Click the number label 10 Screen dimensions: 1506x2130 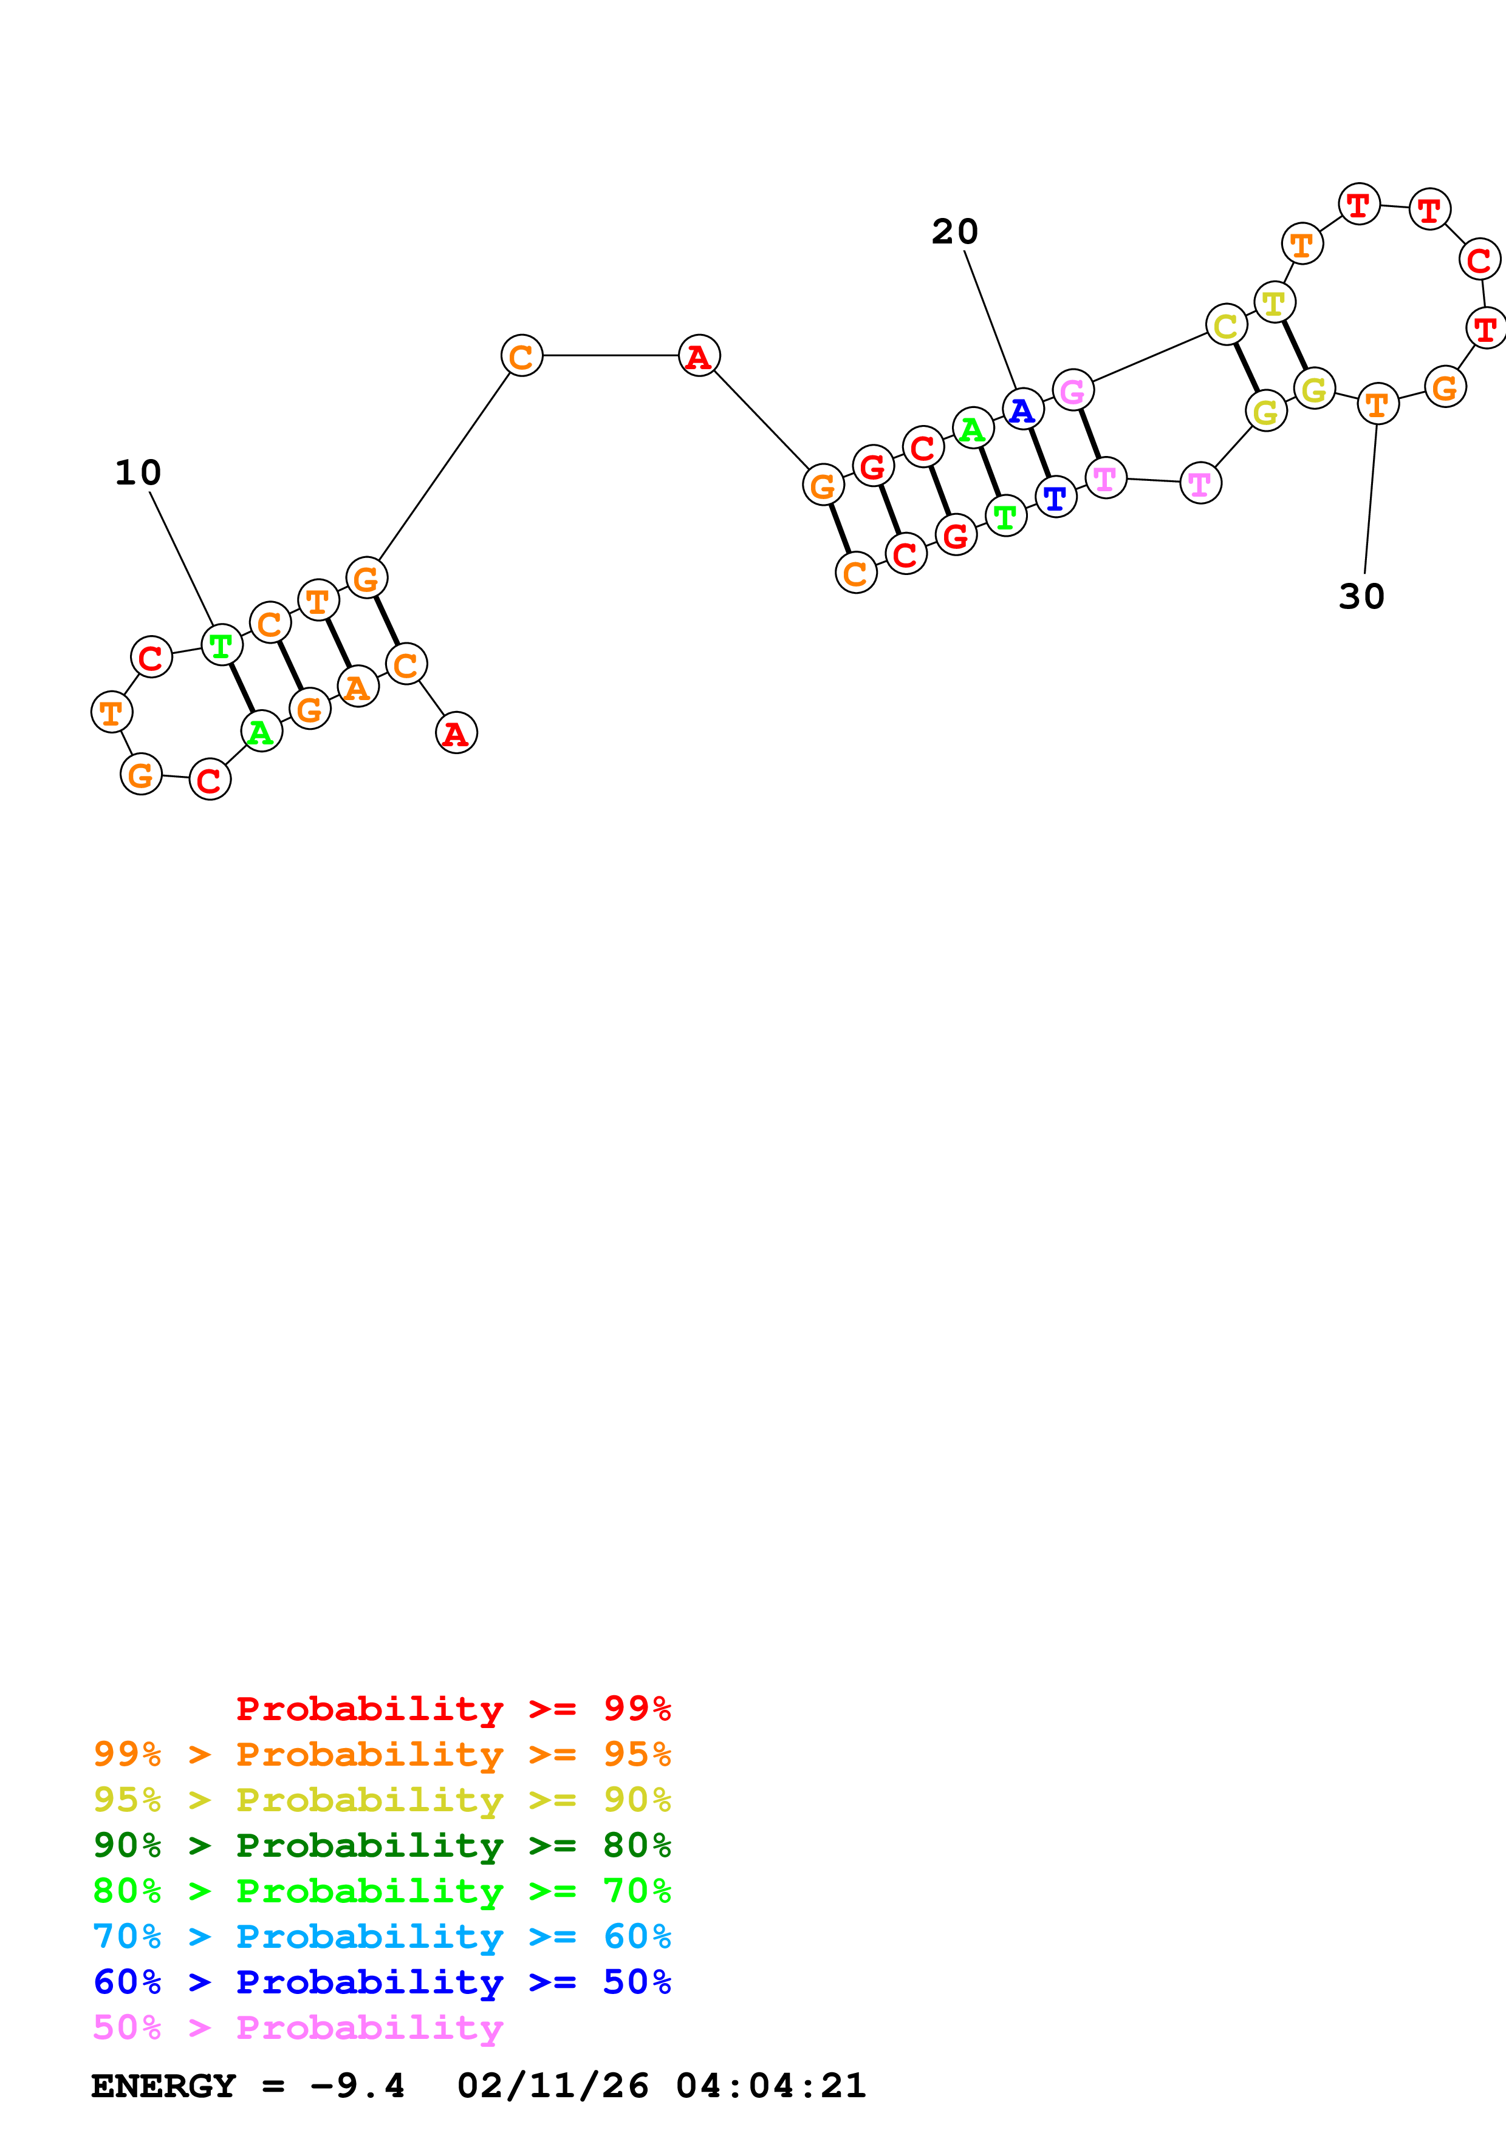pyautogui.click(x=139, y=473)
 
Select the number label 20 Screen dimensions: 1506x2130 pyautogui.click(x=955, y=232)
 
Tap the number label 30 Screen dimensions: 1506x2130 pyautogui.click(x=1361, y=596)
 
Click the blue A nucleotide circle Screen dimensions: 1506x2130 pyautogui.click(x=1022, y=409)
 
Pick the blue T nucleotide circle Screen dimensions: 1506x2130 pyautogui.click(x=1055, y=498)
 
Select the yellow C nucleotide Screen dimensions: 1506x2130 pyautogui.click(x=1226, y=325)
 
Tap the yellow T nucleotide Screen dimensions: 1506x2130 pyautogui.click(x=1274, y=302)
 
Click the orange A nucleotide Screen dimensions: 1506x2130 pyautogui.click(x=357, y=687)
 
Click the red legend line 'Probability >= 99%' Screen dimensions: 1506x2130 pyautogui.click(x=454, y=1709)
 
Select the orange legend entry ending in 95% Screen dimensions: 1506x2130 pyautogui.click(x=382, y=1754)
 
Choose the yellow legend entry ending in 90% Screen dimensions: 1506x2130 pyautogui.click(x=382, y=1800)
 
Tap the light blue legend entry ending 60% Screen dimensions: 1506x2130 pyautogui.click(x=382, y=1936)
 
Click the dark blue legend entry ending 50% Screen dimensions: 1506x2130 pyautogui.click(x=382, y=1982)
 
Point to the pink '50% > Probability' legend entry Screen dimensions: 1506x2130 pyautogui.click(x=298, y=2027)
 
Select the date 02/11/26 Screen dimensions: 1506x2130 pyautogui.click(x=553, y=2086)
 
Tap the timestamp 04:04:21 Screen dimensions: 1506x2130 pyautogui.click(x=771, y=2086)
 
